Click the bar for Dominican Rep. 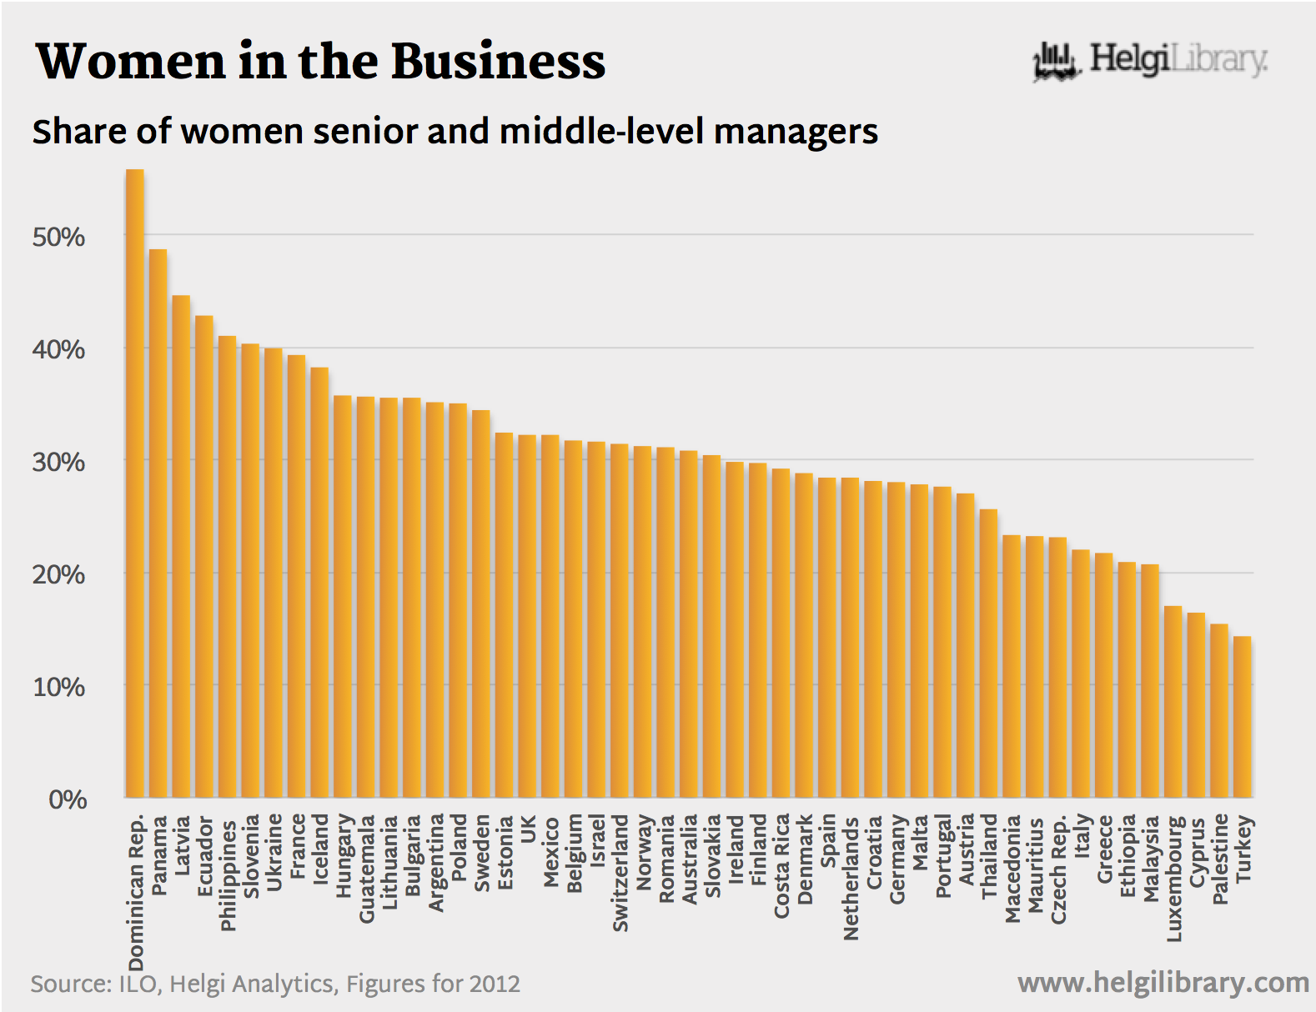[x=135, y=483]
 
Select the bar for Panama [x=158, y=524]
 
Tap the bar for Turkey [x=1243, y=717]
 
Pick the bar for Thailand [x=988, y=654]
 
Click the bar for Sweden [x=481, y=604]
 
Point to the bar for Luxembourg [x=1173, y=702]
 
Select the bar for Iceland [x=319, y=583]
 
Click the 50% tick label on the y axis [x=58, y=238]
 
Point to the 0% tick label [x=67, y=800]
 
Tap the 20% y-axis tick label [x=58, y=575]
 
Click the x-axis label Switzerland [x=620, y=873]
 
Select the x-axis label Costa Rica [x=781, y=866]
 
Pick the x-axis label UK [x=527, y=829]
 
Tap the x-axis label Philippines [x=228, y=875]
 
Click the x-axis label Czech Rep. [x=1058, y=870]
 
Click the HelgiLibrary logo [x=1150, y=60]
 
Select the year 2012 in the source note [x=495, y=984]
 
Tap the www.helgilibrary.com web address [x=1163, y=983]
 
